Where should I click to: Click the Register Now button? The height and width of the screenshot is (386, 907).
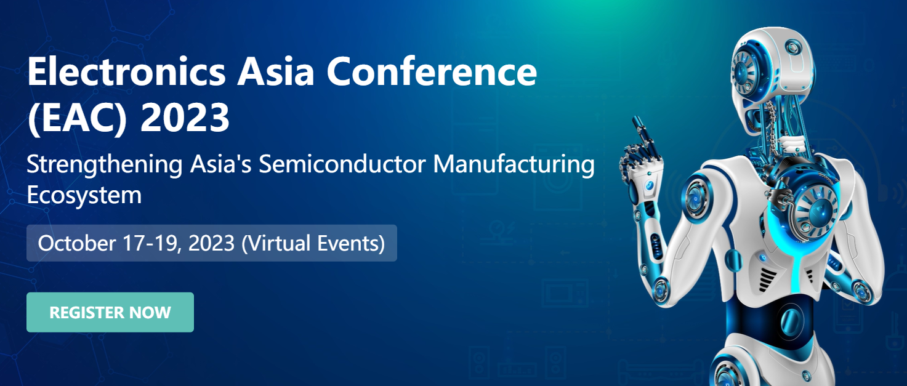[x=110, y=312]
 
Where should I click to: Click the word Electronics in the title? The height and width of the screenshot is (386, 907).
[x=126, y=71]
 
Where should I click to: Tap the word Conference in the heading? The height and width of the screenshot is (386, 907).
[x=432, y=71]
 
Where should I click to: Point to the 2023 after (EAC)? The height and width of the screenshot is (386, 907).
[x=185, y=118]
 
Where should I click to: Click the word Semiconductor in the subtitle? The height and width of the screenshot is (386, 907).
[x=342, y=164]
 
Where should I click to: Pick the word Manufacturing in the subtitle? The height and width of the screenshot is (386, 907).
[x=514, y=165]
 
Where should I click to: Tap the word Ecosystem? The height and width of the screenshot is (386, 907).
[x=84, y=196]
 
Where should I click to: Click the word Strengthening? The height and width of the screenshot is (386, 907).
[x=105, y=165]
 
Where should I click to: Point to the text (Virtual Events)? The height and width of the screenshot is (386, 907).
[x=313, y=243]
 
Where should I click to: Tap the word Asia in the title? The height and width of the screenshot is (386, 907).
[x=275, y=71]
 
